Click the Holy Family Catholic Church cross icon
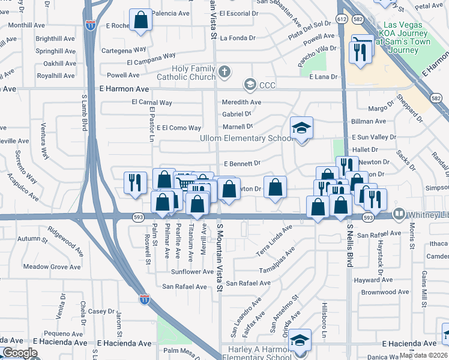pyautogui.click(x=225, y=73)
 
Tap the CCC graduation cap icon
pyautogui.click(x=250, y=85)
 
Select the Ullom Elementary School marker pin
pyautogui.click(x=301, y=128)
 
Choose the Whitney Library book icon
pyautogui.click(x=398, y=214)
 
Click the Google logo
pyautogui.click(x=20, y=353)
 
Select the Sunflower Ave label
pyautogui.click(x=191, y=271)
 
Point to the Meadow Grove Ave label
pyautogui.click(x=52, y=266)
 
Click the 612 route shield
pyautogui.click(x=342, y=19)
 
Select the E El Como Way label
pyautogui.click(x=179, y=128)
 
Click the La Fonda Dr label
pyautogui.click(x=238, y=38)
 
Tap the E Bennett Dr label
pyautogui.click(x=241, y=163)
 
